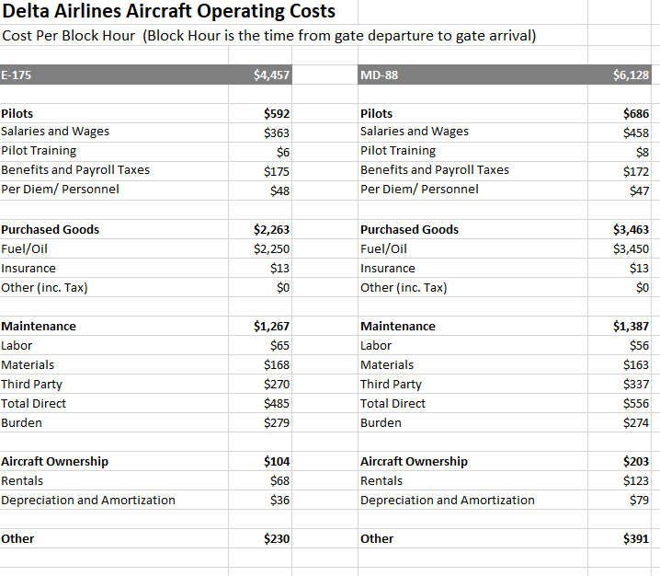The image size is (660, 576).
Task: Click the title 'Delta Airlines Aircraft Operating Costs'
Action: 168,12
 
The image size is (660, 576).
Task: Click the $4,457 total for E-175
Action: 271,75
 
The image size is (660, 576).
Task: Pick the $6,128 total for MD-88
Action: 631,75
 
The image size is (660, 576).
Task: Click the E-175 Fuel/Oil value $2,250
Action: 272,248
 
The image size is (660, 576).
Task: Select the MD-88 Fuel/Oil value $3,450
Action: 631,248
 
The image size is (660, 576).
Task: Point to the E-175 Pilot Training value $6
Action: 283,152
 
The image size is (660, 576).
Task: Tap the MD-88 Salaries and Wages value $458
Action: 636,132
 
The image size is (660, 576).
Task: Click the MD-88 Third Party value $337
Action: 636,385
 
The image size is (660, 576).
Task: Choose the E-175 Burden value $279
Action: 277,423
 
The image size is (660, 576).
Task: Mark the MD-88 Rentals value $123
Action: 636,481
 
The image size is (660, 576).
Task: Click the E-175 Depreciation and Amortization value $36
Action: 280,501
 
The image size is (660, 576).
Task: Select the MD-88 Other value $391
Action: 636,539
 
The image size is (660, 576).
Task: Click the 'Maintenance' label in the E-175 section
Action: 39,327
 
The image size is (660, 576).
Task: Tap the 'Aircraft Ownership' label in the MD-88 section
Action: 414,462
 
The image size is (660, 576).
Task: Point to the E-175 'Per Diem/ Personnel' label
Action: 60,190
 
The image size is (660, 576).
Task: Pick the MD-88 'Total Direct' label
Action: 393,404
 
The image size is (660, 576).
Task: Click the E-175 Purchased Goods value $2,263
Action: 272,230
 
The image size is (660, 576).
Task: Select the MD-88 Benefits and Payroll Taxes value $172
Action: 636,171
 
